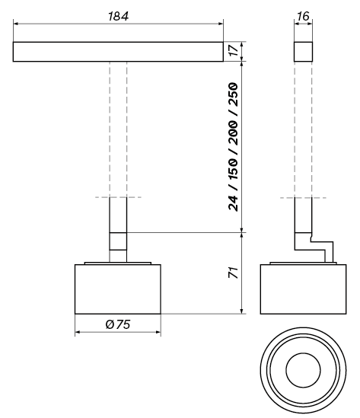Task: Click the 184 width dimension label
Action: pos(118,16)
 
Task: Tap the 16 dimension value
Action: pos(303,16)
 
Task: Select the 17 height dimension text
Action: pos(234,50)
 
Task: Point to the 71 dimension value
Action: pos(233,273)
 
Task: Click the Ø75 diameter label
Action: pos(118,324)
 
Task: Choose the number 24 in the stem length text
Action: pos(233,203)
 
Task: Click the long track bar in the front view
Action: pos(118,52)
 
